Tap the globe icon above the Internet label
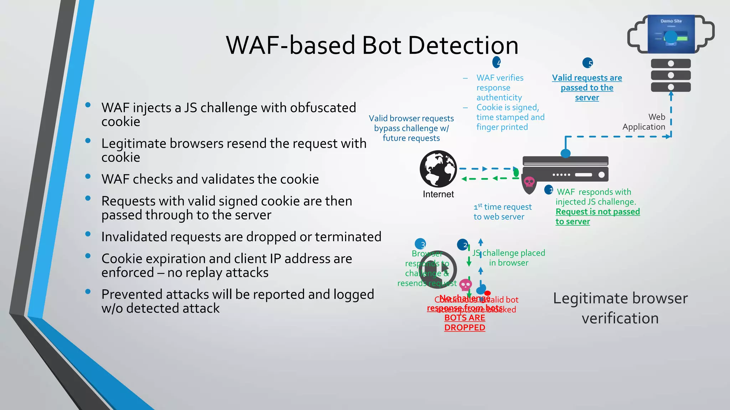pos(438,169)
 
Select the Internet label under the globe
pos(438,194)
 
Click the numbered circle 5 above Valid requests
pos(587,63)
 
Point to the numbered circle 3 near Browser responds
pos(421,244)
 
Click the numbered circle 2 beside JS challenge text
pos(463,245)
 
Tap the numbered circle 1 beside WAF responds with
pos(549,190)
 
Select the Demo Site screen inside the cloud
pos(671,34)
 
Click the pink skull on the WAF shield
pos(529,182)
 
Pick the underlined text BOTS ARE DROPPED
pos(464,322)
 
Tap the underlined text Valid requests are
pos(587,78)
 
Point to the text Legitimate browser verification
pos(620,308)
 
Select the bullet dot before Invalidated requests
pos(88,234)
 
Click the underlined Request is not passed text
pos(597,212)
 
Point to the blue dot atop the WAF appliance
pos(566,153)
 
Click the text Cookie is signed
pos(508,107)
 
